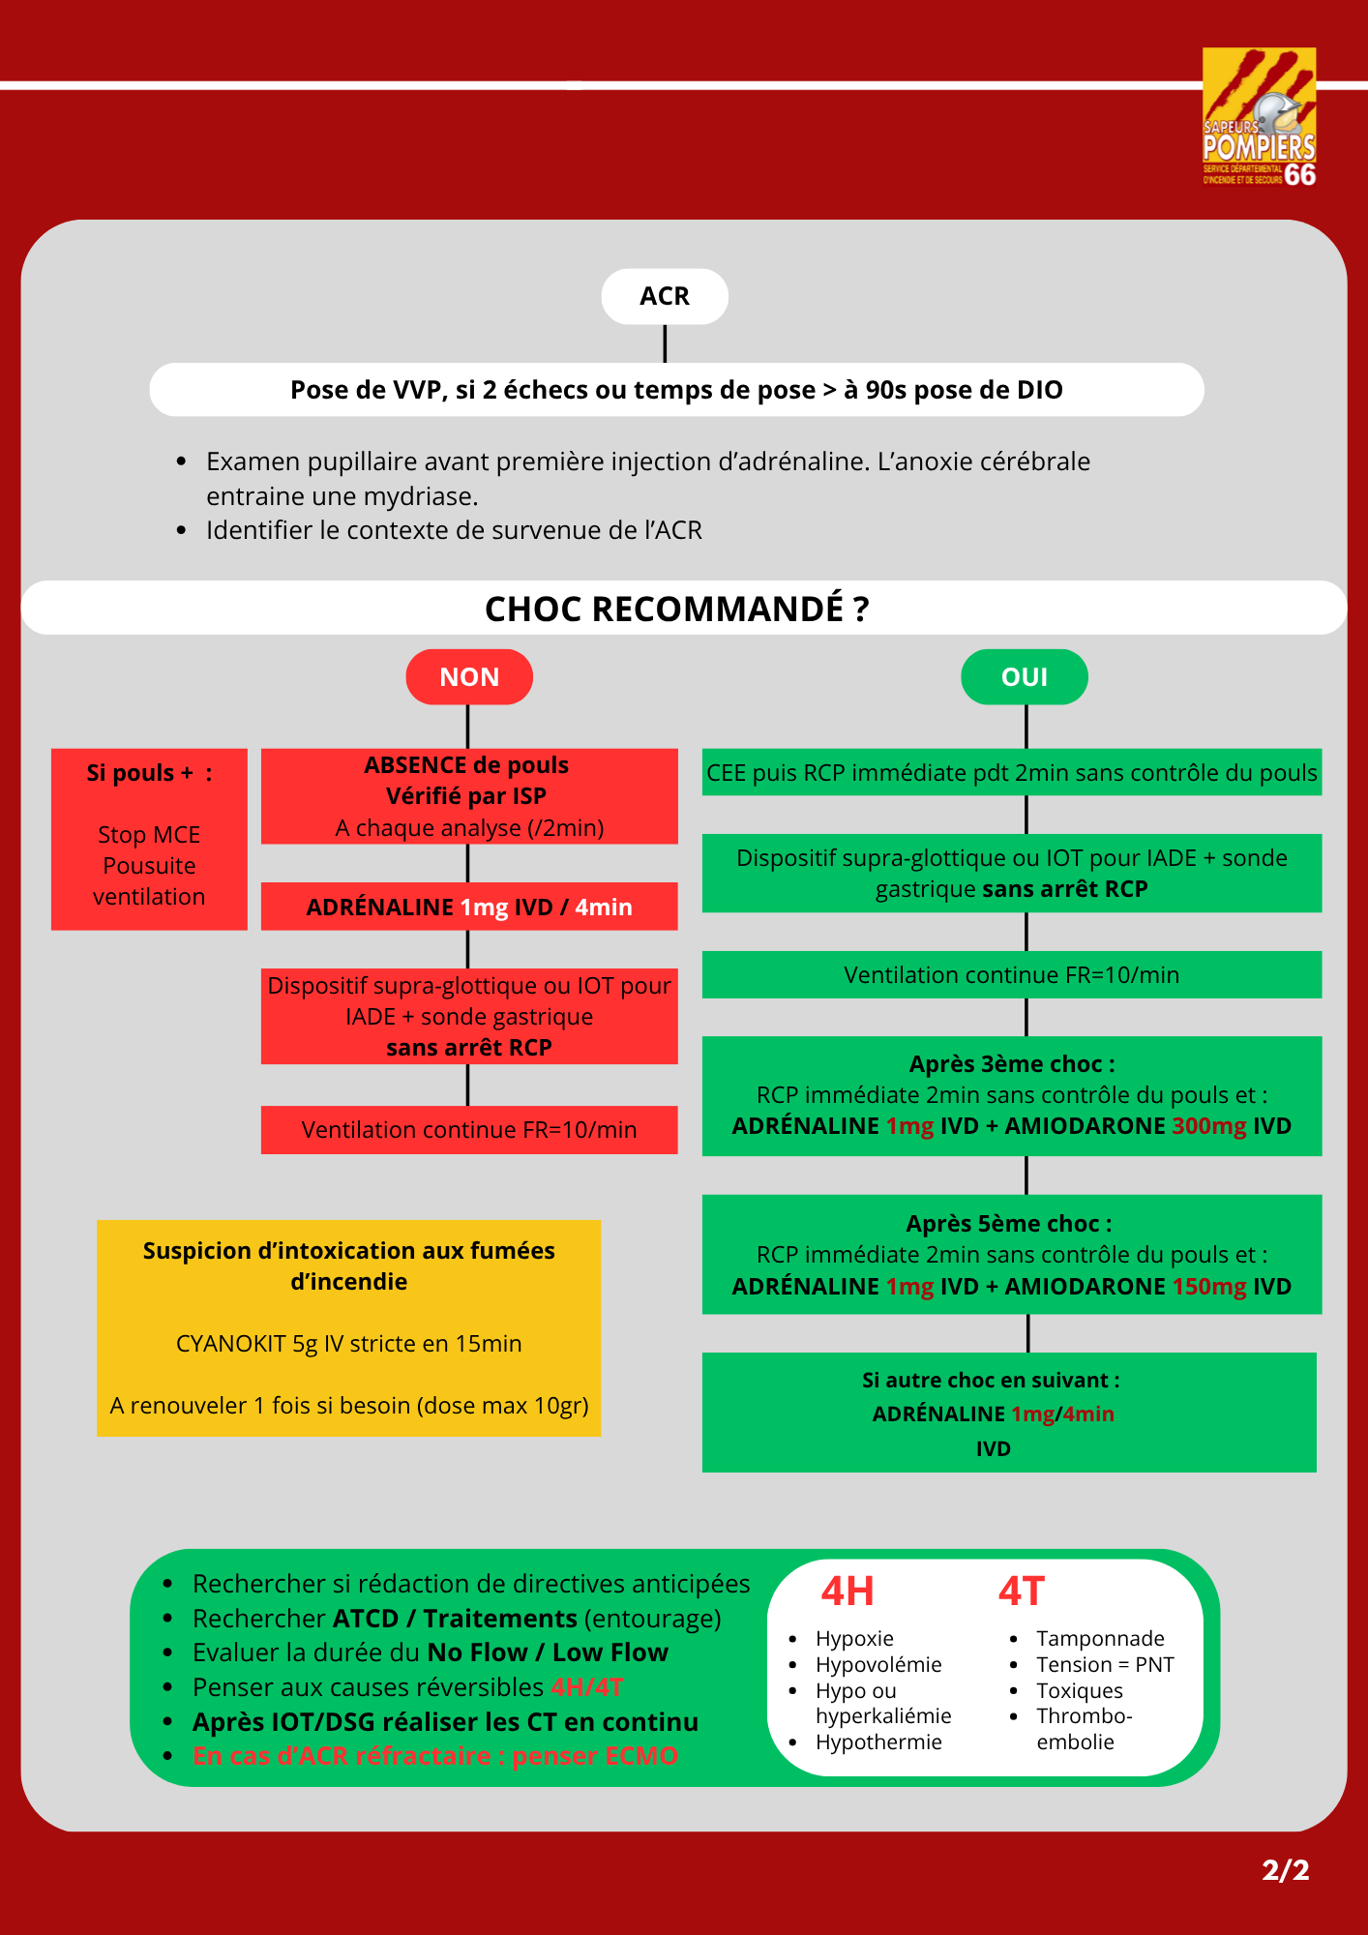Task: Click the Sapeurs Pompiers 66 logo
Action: (x=1259, y=117)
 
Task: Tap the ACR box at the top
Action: (x=665, y=296)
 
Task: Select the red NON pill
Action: (x=469, y=676)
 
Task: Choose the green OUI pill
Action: (x=1025, y=676)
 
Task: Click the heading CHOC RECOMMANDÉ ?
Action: (x=677, y=609)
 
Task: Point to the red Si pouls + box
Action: (x=149, y=839)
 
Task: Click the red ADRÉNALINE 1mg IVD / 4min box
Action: (x=469, y=907)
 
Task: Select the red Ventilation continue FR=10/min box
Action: (x=469, y=1129)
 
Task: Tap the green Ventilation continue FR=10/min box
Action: (x=1012, y=974)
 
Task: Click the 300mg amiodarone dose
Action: (x=1209, y=1126)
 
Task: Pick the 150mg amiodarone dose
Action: (x=1209, y=1287)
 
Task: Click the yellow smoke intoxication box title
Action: (x=349, y=1265)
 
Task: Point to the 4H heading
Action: (x=848, y=1592)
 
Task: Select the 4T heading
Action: (x=1022, y=1592)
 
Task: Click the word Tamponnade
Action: (x=1100, y=1638)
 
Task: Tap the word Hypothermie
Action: (x=878, y=1741)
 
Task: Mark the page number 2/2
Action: (x=1286, y=1869)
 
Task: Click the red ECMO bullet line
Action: (x=434, y=1755)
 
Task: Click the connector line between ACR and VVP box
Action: (x=665, y=343)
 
